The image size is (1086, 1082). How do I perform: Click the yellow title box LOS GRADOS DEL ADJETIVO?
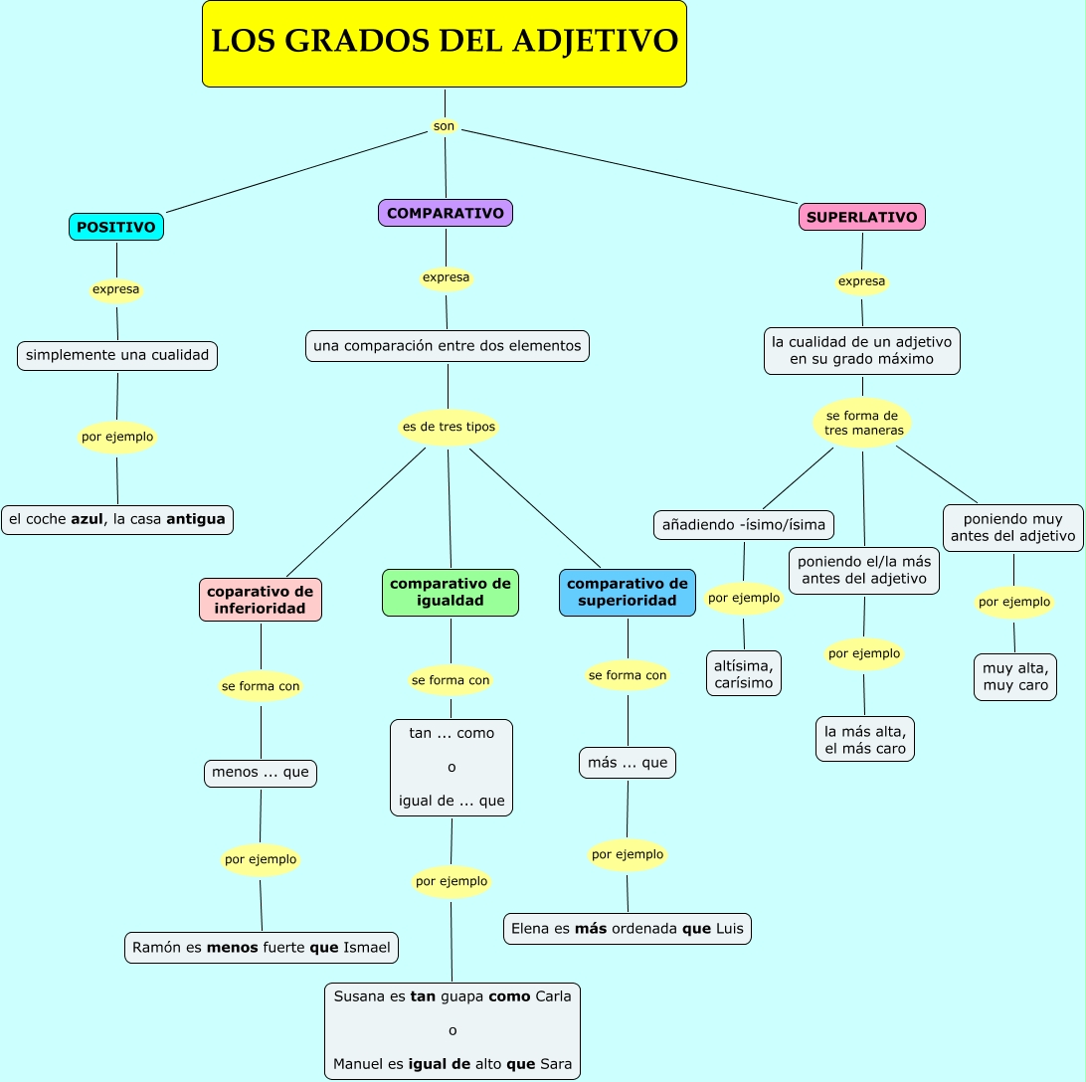tap(445, 44)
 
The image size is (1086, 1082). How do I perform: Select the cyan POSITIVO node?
tap(116, 227)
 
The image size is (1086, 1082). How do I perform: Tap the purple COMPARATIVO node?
tap(446, 213)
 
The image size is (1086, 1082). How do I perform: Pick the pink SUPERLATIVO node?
tap(862, 217)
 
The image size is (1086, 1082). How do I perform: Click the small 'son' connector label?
tap(444, 126)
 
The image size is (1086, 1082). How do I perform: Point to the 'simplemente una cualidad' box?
tap(117, 355)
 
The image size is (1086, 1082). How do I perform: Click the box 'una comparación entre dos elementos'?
tap(447, 346)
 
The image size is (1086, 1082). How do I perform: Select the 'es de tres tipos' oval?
tap(448, 428)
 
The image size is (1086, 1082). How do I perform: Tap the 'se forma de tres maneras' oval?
tap(862, 423)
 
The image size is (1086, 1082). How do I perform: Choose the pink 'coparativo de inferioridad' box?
tap(261, 600)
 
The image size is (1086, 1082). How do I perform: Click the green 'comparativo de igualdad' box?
tap(451, 593)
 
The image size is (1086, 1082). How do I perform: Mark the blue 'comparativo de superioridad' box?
tap(628, 593)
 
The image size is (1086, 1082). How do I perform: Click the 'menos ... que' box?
tap(261, 773)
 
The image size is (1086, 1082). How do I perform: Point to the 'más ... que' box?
tap(628, 763)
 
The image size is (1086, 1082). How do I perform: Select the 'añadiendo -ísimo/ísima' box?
tap(744, 524)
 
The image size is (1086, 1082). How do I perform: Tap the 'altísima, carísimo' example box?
tap(744, 673)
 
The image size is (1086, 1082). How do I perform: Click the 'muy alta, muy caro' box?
tap(1015, 677)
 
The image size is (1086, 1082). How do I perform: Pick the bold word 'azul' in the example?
tap(88, 519)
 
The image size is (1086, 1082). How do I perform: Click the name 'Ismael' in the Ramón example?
tap(367, 948)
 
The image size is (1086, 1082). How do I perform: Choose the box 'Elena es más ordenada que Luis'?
tap(628, 929)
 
